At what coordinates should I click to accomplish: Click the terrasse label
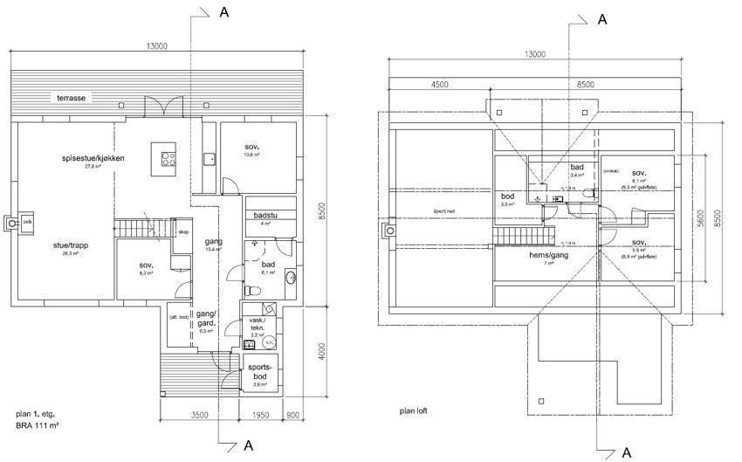[x=66, y=99]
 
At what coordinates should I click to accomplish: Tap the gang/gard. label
[x=206, y=318]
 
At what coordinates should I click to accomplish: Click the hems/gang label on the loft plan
[x=550, y=256]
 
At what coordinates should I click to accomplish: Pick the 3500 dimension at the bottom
[x=200, y=417]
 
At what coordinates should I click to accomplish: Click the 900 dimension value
[x=293, y=417]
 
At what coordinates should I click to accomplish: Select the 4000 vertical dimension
[x=322, y=352]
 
